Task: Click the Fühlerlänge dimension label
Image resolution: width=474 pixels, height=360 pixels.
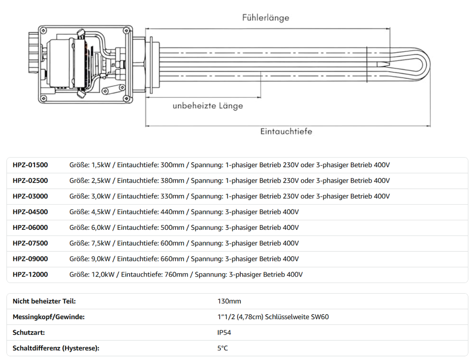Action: point(265,18)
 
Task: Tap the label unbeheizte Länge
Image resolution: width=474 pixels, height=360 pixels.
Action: point(207,106)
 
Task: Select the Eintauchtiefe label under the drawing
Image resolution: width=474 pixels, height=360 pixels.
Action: point(286,132)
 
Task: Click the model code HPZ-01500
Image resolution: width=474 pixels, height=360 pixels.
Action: point(30,165)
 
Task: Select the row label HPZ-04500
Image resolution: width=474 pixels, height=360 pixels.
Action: point(30,212)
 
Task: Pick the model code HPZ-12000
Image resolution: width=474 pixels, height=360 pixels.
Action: point(30,275)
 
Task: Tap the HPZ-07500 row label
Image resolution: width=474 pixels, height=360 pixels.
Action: point(30,243)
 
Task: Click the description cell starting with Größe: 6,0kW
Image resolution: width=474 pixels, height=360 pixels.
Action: point(184,227)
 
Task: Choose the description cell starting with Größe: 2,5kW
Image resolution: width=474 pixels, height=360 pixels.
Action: point(230,181)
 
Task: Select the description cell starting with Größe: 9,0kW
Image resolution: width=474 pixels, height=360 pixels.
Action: point(184,259)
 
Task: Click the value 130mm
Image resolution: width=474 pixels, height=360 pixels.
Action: point(229,301)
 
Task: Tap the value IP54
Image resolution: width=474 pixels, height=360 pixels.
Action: point(224,333)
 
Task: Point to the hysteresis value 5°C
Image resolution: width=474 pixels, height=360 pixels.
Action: point(223,348)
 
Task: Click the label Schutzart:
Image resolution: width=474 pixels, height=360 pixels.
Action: point(29,333)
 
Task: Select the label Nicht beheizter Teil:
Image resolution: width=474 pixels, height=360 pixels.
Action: point(44,301)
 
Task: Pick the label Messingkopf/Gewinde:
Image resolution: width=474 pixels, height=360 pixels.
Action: point(49,317)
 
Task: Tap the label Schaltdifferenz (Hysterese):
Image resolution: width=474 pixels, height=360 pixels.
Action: point(56,348)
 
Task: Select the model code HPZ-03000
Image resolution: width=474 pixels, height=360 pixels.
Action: point(30,196)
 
